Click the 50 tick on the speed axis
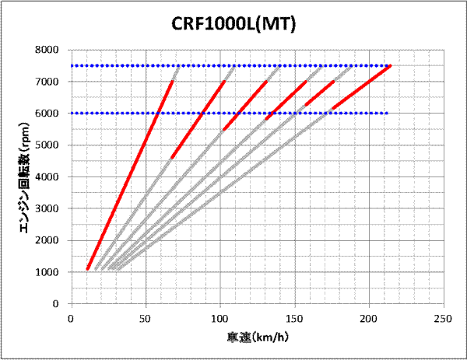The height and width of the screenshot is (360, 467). (146, 318)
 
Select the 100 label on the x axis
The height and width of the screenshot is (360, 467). (220, 318)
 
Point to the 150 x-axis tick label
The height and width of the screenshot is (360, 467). (294, 318)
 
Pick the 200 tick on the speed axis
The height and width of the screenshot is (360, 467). (369, 318)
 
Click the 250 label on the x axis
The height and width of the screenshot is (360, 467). (443, 318)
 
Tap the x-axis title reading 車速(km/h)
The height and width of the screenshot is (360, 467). (257, 337)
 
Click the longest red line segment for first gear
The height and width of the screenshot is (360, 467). (130, 175)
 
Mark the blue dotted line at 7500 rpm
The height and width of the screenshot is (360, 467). (233, 66)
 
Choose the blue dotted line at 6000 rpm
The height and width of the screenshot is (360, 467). (233, 114)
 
